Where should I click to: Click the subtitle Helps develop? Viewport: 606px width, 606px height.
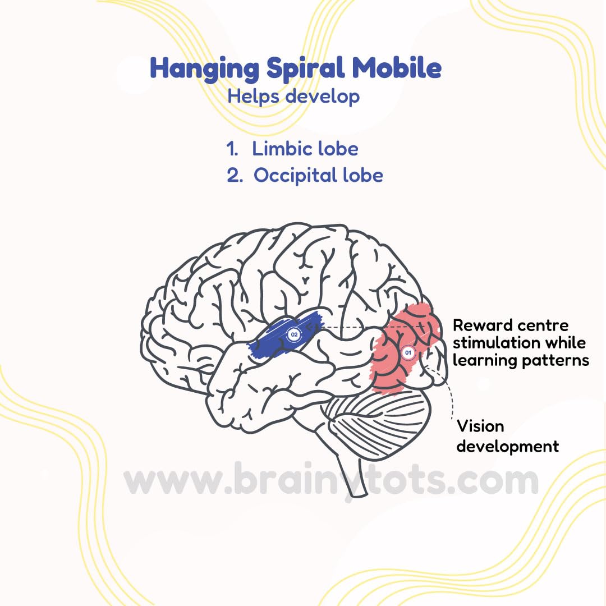[293, 96]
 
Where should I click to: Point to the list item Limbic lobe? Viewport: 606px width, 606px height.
[305, 149]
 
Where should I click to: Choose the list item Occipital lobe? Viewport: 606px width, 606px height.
[318, 176]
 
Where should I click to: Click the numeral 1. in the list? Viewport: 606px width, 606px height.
[233, 149]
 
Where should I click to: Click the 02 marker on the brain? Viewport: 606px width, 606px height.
[293, 335]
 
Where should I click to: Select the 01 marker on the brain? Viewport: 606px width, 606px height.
[408, 353]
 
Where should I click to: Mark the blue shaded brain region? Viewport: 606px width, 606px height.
[275, 342]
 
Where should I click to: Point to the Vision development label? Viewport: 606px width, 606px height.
[507, 436]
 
